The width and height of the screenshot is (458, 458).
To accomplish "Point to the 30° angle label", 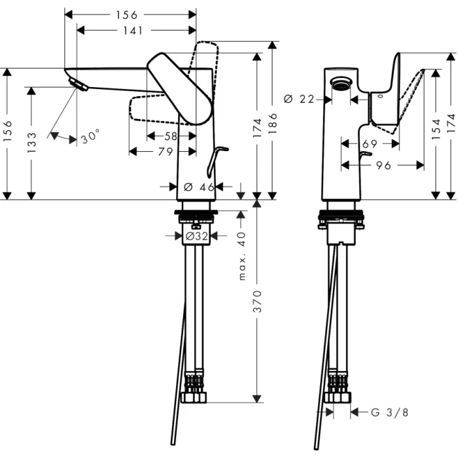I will (x=90, y=137).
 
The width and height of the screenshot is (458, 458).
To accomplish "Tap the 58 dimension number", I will (x=170, y=135).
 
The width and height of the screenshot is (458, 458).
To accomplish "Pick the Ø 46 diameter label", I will (x=198, y=187).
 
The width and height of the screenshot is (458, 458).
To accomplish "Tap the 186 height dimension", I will (x=273, y=124).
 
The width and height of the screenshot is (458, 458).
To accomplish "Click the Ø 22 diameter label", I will (x=298, y=99).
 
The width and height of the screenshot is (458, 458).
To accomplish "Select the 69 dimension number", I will (x=369, y=143).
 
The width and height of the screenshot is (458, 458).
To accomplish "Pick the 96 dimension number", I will (x=383, y=166).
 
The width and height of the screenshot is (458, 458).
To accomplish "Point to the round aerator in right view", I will (x=341, y=83).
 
